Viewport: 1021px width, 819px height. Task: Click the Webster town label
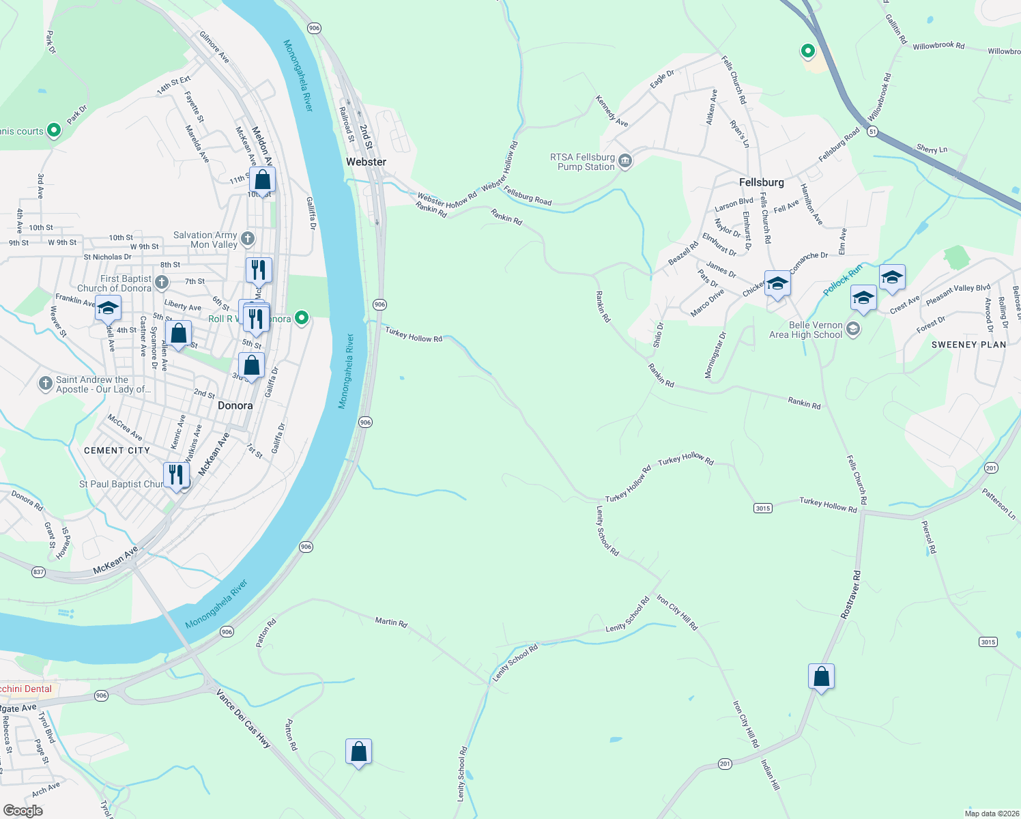(366, 162)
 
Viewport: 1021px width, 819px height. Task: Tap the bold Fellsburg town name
(761, 182)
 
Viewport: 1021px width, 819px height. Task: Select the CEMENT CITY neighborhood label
(117, 450)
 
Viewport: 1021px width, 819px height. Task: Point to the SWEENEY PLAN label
(968, 345)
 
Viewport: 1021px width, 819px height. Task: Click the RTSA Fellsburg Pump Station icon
(625, 162)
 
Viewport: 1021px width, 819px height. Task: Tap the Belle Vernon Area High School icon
(852, 330)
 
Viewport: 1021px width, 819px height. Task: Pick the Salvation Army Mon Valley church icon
(248, 239)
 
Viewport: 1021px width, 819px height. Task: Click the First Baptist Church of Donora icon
(162, 282)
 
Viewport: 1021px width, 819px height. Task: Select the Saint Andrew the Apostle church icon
(46, 384)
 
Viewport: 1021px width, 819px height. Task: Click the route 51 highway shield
(872, 132)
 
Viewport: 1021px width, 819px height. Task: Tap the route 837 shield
(38, 572)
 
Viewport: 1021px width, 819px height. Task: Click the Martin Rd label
(391, 622)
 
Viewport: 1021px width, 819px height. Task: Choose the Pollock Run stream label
(842, 280)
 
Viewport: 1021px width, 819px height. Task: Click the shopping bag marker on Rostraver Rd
(821, 677)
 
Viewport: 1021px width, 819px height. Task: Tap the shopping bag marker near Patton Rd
(358, 752)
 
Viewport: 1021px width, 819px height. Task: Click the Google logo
(23, 811)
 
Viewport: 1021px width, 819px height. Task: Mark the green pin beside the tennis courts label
(54, 131)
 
